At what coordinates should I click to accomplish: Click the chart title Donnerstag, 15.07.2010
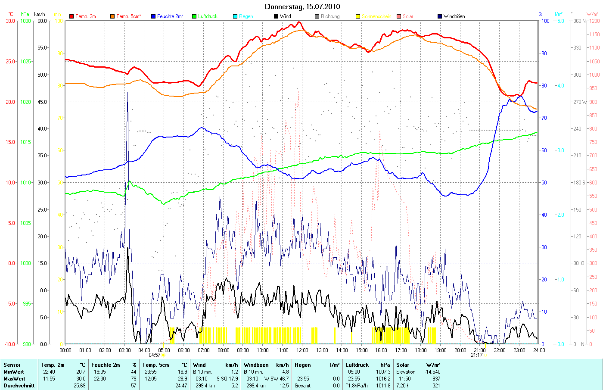coord(302,6)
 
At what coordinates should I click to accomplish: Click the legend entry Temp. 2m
coord(85,16)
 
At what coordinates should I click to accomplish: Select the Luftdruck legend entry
coord(208,16)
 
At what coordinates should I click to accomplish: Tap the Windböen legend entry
coord(454,16)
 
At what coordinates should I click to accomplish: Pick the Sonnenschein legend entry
coord(376,16)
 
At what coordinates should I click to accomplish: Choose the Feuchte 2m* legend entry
coord(170,16)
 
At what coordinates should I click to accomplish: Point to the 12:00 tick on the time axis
coord(302,350)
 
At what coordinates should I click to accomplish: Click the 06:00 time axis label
coord(183,350)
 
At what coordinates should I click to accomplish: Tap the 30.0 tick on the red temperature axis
coord(10,21)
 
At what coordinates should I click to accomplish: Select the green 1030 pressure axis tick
coord(26,21)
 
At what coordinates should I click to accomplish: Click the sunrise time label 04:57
coord(155,355)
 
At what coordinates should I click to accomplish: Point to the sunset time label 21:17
coord(477,355)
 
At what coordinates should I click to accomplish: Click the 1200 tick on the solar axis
coord(594,21)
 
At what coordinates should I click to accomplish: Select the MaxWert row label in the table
coord(13,379)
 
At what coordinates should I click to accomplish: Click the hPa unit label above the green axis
coord(25,14)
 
